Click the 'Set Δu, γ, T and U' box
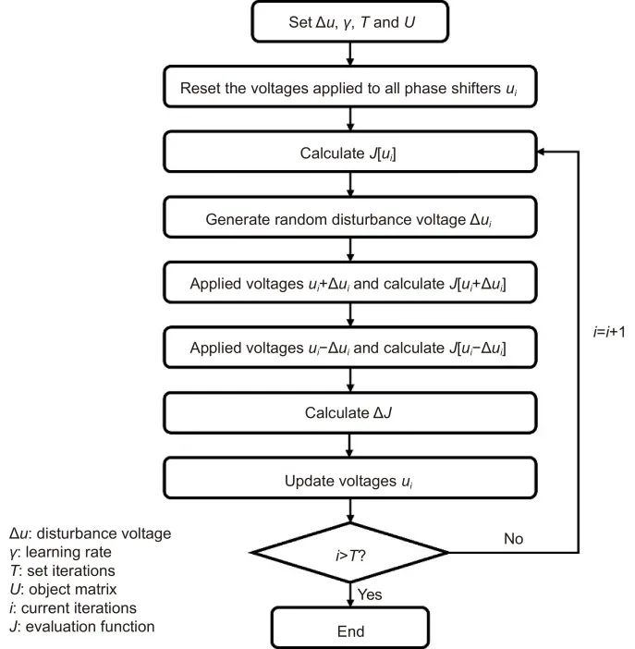349,22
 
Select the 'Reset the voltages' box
350,87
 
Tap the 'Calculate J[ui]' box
350,152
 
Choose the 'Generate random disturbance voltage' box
350,217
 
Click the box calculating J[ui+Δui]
350,282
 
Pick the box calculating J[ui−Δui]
350,348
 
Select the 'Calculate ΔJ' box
350,412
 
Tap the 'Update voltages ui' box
350,478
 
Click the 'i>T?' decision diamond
350,553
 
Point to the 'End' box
350,628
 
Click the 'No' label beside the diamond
513,538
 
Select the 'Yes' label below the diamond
370,594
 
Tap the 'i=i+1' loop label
609,332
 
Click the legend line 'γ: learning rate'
60,552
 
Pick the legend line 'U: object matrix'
64,589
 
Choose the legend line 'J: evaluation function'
82,626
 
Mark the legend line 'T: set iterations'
62,570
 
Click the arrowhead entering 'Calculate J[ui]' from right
541,152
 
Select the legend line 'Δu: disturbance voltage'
91,533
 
